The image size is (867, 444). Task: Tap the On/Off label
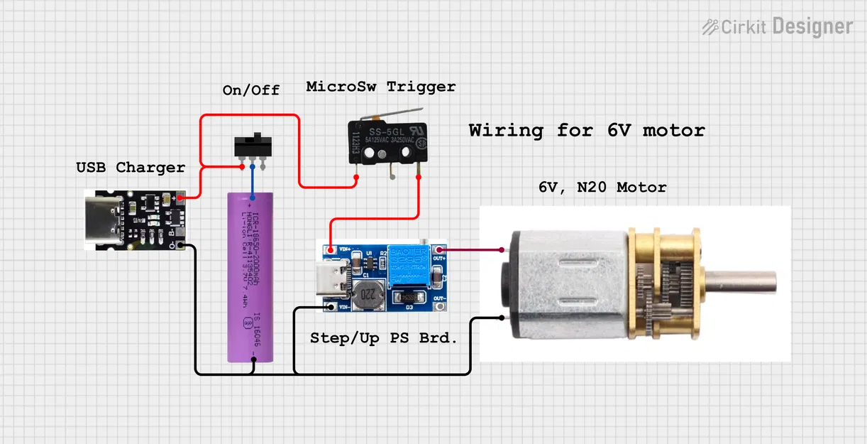pos(250,90)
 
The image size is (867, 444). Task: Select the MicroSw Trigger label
pos(380,87)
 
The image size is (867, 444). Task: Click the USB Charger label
pos(131,168)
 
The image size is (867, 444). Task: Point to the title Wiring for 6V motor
pos(586,131)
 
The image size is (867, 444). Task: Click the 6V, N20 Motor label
pos(602,188)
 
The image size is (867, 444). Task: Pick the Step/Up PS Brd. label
pos(383,339)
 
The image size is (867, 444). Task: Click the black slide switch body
pos(253,145)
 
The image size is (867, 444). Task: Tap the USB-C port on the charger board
pos(100,220)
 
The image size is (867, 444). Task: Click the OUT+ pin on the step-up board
pos(441,249)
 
